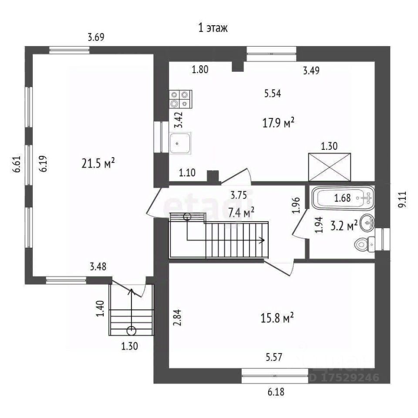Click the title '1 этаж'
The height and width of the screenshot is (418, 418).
[213, 28]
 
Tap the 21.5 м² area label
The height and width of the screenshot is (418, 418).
[98, 164]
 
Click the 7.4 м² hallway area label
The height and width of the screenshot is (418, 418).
[241, 212]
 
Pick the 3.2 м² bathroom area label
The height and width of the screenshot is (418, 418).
[344, 225]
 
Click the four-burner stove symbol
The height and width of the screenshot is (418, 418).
[181, 98]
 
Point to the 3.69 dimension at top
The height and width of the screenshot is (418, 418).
[96, 37]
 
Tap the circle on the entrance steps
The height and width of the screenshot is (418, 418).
[131, 329]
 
